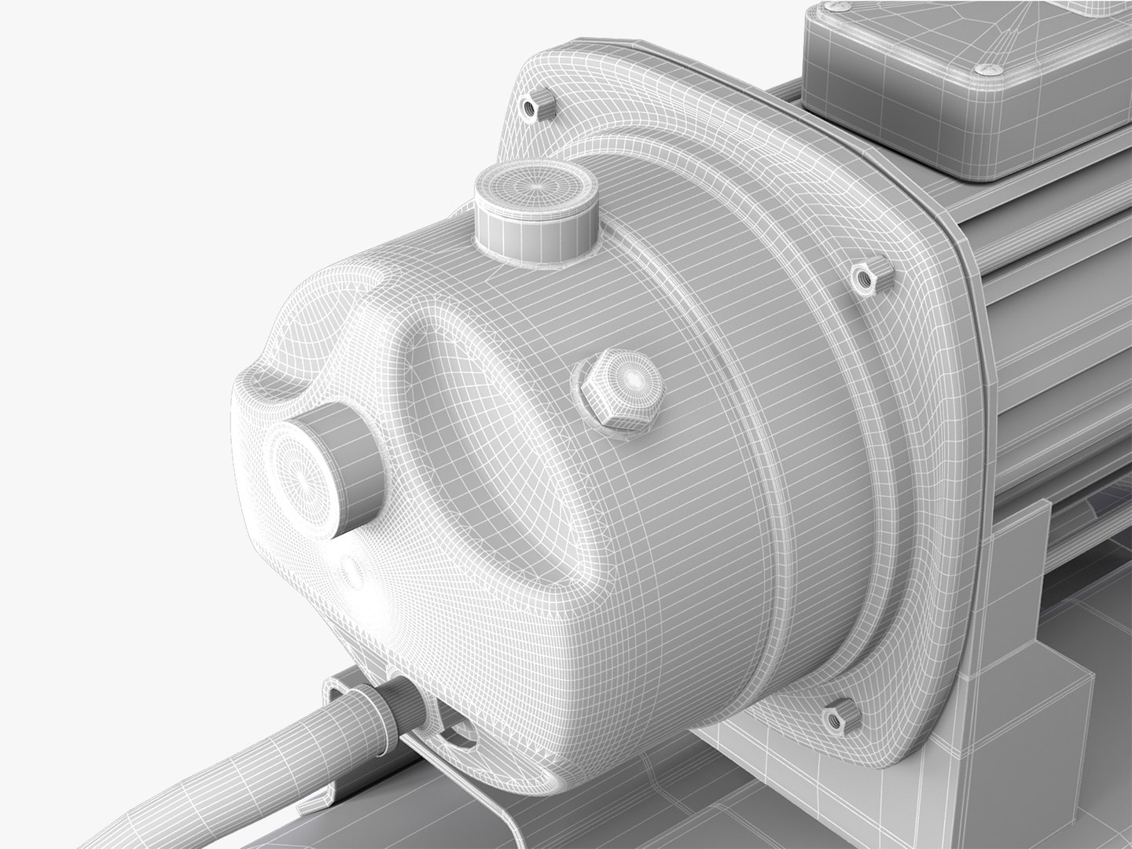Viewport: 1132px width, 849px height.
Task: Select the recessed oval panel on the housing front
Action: pos(487,440)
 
